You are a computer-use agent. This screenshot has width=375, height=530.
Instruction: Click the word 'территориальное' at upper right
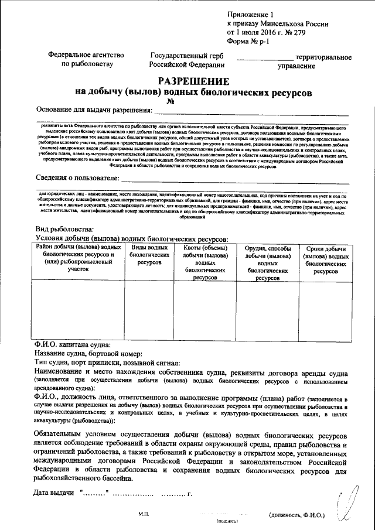(x=323, y=57)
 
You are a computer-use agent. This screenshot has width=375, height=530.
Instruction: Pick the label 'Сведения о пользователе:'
(x=78, y=177)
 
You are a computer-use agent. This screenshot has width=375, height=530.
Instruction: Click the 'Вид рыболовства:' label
(x=64, y=230)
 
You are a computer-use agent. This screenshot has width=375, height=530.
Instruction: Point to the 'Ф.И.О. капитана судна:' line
(x=71, y=345)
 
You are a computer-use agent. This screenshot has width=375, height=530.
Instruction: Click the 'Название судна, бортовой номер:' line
(x=88, y=354)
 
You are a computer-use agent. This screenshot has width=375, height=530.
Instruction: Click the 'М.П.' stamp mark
(x=145, y=514)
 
